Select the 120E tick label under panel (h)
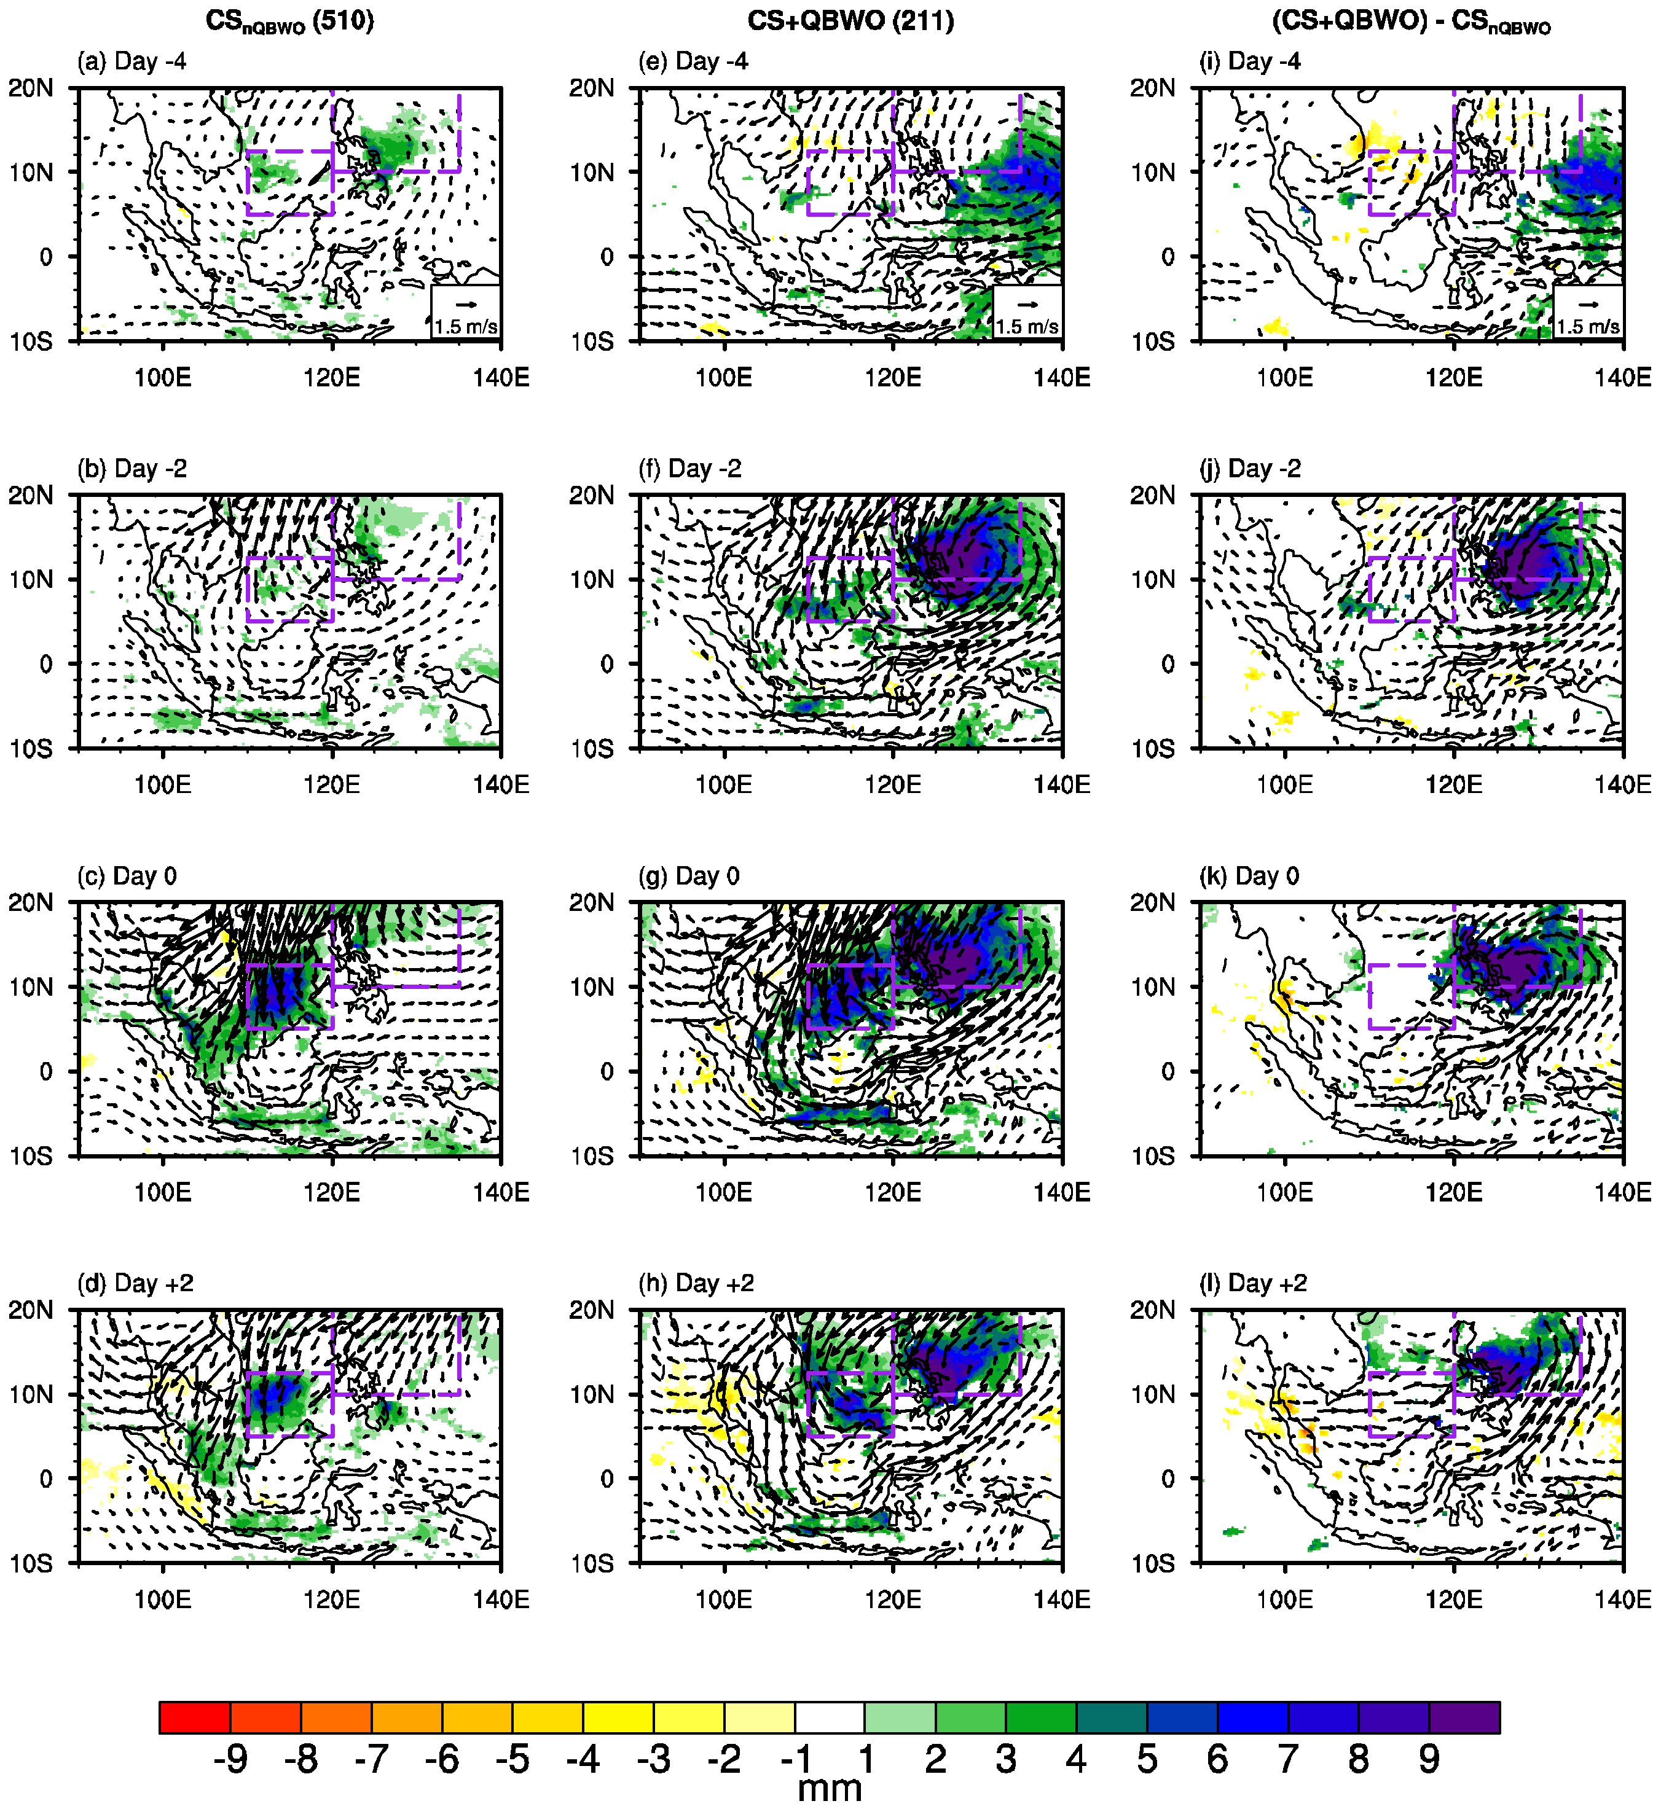pyautogui.click(x=892, y=1600)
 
